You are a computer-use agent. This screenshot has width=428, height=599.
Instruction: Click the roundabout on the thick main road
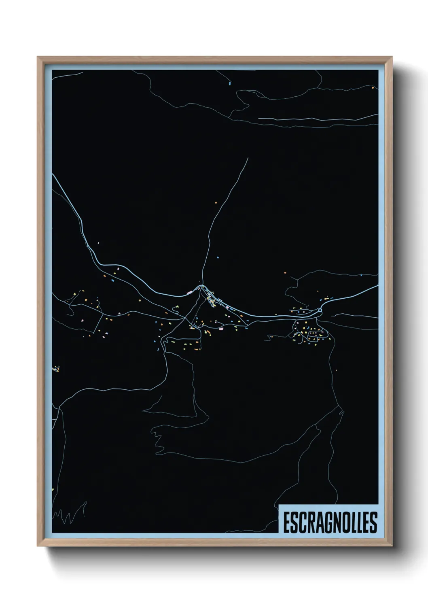pyautogui.click(x=320, y=310)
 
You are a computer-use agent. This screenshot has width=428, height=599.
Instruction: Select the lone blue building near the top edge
pyautogui.click(x=229, y=83)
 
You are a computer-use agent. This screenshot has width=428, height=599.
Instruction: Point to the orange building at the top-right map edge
pyautogui.click(x=373, y=87)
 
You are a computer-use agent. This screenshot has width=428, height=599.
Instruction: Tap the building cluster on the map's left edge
pyautogui.click(x=56, y=369)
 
